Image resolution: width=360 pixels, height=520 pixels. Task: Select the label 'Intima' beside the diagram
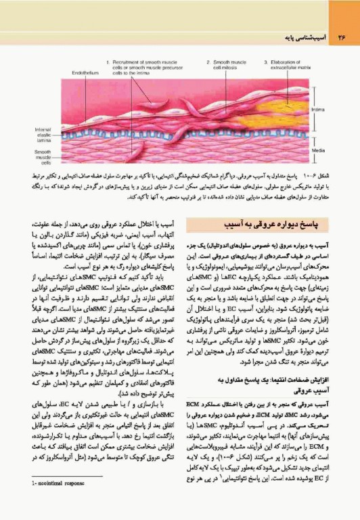point(318,108)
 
